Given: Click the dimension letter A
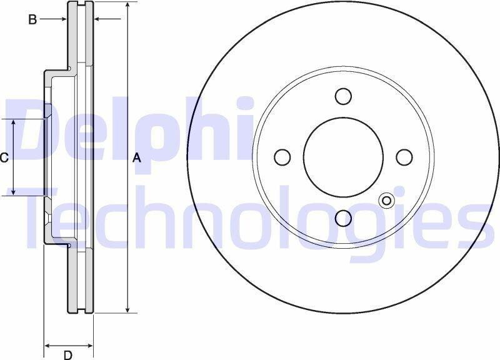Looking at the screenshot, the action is [x=136, y=157].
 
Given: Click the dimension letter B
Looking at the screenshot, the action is [x=32, y=20].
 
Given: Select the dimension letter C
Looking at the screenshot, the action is [x=4, y=157].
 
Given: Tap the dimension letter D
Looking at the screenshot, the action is [x=67, y=355].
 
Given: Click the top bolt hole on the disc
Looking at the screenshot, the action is [x=343, y=96].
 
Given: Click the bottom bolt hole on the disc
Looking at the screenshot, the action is [x=343, y=218].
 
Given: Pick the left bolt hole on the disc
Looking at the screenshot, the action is [x=282, y=157].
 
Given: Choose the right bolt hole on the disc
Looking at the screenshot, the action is [x=404, y=157].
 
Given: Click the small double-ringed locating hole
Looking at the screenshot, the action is [x=386, y=201].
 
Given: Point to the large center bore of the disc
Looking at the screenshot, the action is [x=343, y=157].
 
